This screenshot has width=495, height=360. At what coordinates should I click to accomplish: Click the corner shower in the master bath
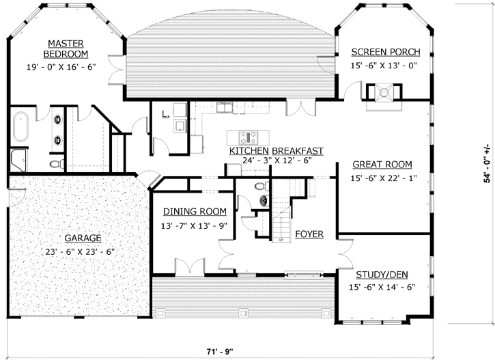16,161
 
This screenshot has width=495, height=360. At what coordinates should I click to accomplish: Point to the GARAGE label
83,238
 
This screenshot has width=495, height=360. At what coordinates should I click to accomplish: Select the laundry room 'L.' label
165,114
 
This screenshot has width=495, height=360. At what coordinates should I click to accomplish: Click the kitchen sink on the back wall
224,107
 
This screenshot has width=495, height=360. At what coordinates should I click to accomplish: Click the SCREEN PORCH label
385,53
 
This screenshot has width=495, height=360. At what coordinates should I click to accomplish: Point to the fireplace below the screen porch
384,93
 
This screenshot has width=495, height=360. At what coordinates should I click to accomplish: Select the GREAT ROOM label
382,165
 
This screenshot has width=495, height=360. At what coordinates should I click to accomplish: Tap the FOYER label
309,234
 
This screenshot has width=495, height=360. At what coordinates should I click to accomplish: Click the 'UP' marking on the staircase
281,240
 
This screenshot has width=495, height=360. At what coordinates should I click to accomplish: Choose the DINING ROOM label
194,212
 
